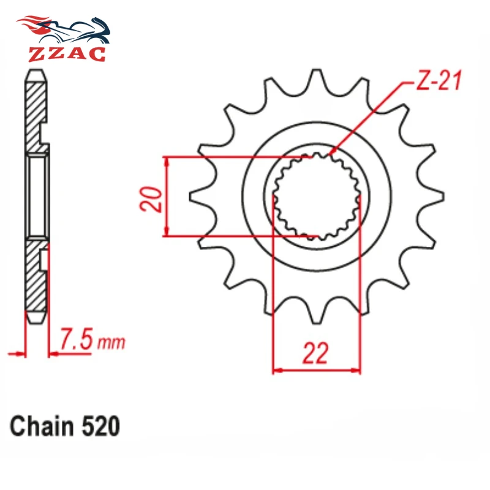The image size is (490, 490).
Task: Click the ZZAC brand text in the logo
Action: click(67, 54)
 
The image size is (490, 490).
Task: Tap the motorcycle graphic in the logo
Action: click(64, 30)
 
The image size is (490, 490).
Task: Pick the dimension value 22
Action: click(315, 353)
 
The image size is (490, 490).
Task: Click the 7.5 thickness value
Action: click(76, 339)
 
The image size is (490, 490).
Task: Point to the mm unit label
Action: click(111, 343)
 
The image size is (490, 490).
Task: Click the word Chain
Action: click(42, 426)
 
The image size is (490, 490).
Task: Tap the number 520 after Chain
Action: click(100, 426)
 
